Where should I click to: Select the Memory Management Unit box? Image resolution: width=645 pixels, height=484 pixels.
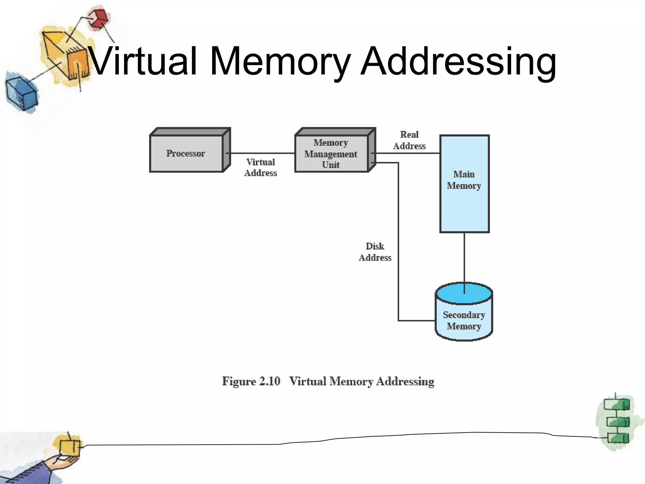[331, 153]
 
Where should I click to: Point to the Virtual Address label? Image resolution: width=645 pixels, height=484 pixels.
[261, 167]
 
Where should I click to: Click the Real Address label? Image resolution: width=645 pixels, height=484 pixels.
[409, 140]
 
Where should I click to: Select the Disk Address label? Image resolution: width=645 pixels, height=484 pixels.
[375, 252]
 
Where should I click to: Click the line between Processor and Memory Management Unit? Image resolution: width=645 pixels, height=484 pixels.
[261, 153]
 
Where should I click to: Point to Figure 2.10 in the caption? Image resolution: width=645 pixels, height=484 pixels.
[251, 381]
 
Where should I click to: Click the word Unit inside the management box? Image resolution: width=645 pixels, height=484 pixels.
[331, 165]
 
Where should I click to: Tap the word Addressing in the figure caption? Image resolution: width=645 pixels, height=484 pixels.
[405, 381]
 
